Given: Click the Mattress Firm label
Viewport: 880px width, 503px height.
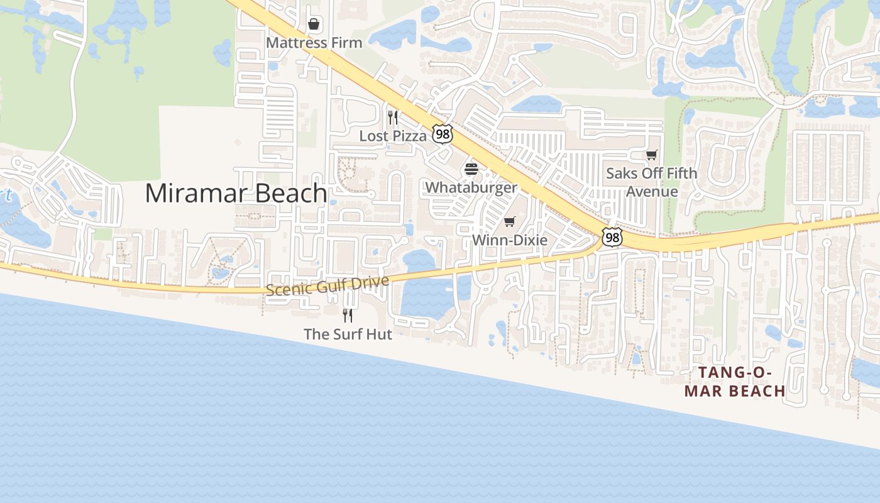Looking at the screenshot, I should pos(314,43).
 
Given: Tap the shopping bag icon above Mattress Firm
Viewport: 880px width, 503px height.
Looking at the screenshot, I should pos(314,25).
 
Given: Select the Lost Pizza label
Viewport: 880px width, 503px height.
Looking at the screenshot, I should pos(393,136).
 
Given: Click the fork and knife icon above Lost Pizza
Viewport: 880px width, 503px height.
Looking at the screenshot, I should pos(393,117).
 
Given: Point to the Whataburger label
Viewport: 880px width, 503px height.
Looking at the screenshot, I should pos(471,187).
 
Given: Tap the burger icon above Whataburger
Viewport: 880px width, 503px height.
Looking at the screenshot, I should pos(471,169).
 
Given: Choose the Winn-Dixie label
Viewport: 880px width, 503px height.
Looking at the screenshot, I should pos(509,240).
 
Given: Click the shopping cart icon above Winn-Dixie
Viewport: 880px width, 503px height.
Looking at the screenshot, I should pos(509,222).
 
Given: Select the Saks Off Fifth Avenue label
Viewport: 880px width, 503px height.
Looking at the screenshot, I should pos(651,182).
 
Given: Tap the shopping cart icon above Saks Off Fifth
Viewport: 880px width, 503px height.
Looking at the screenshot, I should pos(652,155).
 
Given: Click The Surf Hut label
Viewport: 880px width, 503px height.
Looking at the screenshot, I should pos(348,334).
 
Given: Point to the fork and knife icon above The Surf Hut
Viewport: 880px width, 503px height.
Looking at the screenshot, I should pos(348,315).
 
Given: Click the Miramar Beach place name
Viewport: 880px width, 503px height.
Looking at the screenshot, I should pos(236,193).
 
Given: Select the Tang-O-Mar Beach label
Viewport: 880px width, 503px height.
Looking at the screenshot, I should pos(735,382).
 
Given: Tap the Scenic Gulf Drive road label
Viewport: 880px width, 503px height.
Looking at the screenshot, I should pos(327,285).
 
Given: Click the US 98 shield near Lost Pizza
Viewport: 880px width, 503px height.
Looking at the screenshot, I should pos(443,133).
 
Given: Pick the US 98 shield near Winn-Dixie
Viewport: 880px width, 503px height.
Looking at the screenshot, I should pos(612,237).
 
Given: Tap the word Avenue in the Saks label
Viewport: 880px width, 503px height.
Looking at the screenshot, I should pos(652,192).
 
